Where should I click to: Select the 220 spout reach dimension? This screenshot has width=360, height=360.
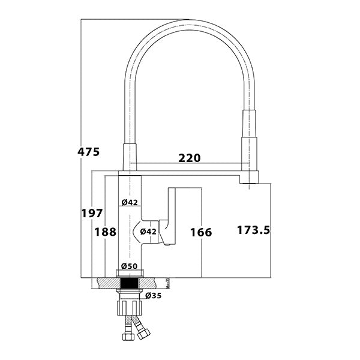click(190, 158)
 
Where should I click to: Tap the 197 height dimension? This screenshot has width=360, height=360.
click(92, 213)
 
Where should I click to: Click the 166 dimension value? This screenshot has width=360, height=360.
click(200, 232)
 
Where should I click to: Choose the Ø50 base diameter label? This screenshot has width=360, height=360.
click(130, 266)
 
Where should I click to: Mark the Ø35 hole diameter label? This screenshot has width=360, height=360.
click(154, 295)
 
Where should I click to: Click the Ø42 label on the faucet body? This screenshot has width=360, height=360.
click(130, 202)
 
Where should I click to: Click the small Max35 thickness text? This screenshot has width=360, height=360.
click(169, 282)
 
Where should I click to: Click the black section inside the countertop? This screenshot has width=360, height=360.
click(130, 283)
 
